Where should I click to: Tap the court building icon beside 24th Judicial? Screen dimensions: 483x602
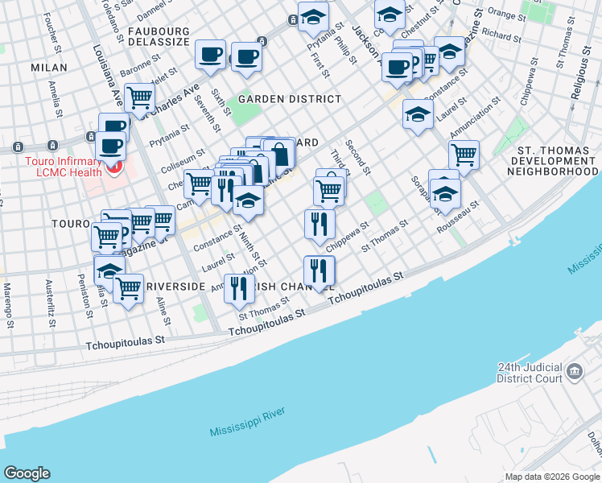point(575,371)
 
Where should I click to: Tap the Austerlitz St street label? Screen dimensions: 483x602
point(50,295)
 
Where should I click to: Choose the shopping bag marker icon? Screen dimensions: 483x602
point(279,153)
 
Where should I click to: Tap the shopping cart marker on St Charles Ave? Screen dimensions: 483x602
point(139,97)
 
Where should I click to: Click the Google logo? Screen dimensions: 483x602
point(27,473)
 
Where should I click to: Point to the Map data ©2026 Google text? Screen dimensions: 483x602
point(552,477)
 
